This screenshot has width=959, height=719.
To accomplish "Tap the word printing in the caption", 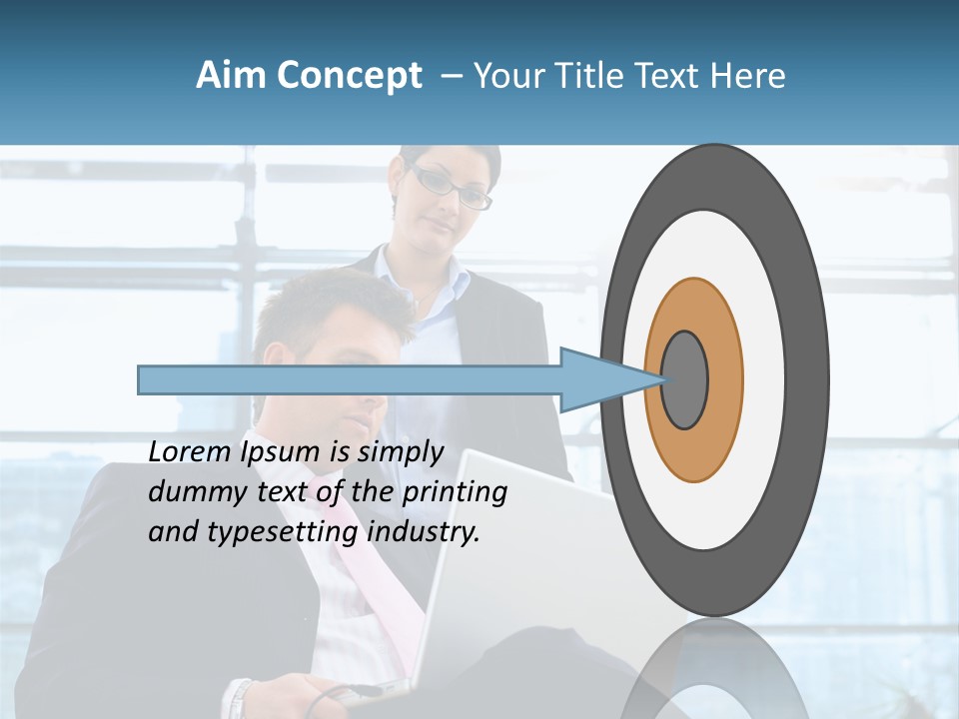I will tap(453, 493).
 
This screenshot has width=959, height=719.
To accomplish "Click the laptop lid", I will tap(519, 559).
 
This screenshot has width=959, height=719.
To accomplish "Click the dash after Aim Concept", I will tap(451, 76).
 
